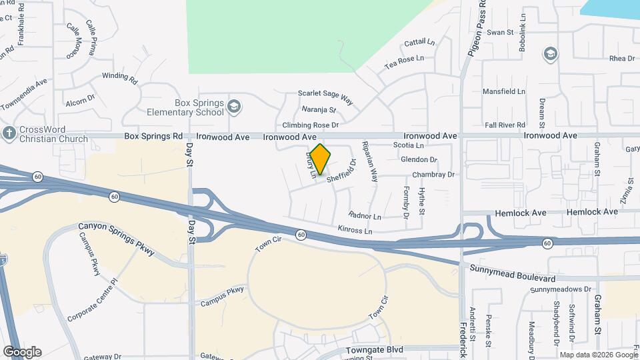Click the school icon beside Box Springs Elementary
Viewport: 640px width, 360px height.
[233, 107]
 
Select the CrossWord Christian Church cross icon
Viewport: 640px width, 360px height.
[9, 133]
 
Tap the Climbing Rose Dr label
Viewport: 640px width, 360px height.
[311, 125]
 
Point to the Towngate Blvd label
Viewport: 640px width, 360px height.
[375, 349]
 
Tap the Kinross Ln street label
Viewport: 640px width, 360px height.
[355, 231]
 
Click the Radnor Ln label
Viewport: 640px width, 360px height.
[365, 216]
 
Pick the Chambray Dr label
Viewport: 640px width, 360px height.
[433, 175]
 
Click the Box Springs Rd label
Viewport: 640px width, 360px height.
[153, 136]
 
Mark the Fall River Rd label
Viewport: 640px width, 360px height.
[505, 125]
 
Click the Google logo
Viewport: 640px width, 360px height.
[22, 351]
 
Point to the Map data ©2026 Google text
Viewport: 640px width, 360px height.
[599, 355]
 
